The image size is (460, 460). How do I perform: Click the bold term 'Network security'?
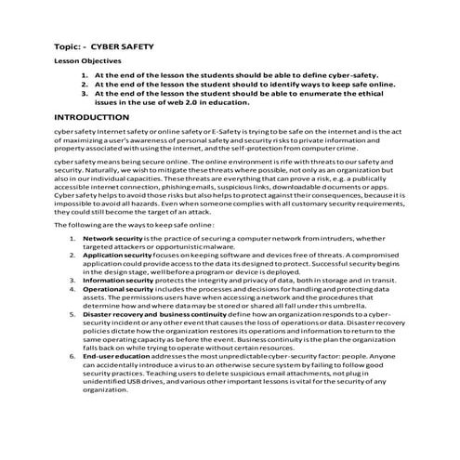pos(112,238)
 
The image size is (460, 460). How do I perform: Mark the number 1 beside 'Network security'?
pos(72,238)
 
